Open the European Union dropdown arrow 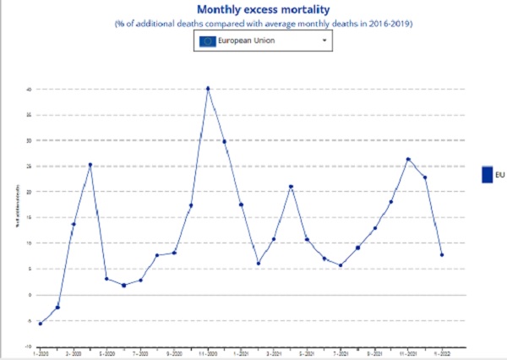click(x=324, y=41)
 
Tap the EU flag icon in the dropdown click(x=207, y=41)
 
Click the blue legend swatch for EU click(x=487, y=175)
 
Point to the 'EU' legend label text click(x=500, y=175)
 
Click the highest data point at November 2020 click(x=208, y=89)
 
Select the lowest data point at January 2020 click(x=41, y=323)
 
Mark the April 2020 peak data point click(x=90, y=165)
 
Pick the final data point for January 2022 click(x=442, y=254)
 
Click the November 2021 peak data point click(x=408, y=159)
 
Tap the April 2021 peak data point click(x=291, y=187)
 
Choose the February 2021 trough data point click(x=258, y=263)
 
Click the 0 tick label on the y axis click(x=30, y=295)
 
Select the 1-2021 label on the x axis click(x=241, y=352)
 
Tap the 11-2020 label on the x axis click(x=208, y=352)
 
